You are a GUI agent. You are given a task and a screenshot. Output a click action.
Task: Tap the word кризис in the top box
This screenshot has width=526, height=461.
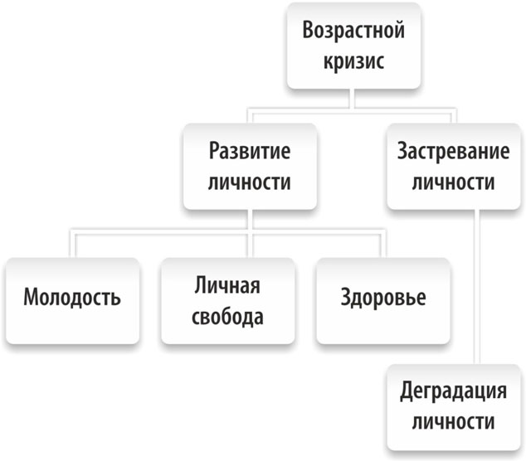point(353,61)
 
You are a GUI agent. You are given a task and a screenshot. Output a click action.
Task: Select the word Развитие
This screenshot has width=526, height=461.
point(250,152)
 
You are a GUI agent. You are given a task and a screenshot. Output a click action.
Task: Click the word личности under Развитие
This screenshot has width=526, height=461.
point(250,182)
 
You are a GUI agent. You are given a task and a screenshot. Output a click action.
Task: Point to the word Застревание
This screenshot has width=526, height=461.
point(453,152)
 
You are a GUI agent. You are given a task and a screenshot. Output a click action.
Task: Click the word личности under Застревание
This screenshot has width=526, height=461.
point(453,182)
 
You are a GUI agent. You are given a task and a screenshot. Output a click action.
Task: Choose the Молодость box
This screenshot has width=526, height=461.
point(72,301)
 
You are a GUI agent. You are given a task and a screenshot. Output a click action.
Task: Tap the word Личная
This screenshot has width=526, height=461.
point(227,286)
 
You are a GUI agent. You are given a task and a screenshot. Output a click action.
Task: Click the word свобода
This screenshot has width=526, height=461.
point(227,317)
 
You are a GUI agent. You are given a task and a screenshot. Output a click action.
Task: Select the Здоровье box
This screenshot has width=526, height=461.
point(383,301)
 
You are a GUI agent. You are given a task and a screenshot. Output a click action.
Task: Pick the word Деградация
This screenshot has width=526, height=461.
point(453,391)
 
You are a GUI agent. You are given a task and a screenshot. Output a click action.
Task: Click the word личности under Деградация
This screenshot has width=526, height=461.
point(453,421)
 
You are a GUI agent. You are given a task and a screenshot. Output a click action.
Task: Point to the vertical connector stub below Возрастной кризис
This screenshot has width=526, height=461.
point(352,99)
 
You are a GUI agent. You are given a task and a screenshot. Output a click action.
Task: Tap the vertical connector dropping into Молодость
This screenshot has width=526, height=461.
point(73,244)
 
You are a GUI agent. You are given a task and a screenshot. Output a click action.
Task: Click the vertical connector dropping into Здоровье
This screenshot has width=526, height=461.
point(382,244)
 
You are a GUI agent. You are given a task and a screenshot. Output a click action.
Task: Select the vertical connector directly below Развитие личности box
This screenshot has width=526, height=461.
point(250,220)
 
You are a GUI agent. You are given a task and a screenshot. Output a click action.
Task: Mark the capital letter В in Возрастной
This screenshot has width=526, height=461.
point(308,30)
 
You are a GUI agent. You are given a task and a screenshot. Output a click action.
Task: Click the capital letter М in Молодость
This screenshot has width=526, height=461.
point(32,297)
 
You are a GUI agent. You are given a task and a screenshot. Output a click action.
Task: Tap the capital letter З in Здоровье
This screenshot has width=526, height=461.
point(345,297)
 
